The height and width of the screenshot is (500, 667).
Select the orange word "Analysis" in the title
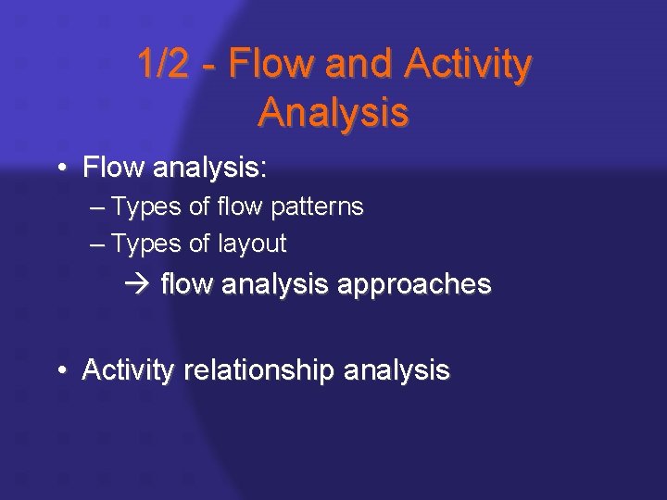333,112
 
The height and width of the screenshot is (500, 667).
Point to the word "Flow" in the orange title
267,65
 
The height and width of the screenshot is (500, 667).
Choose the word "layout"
254,244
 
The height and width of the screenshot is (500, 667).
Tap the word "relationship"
276,371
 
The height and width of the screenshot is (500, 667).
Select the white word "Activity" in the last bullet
127,371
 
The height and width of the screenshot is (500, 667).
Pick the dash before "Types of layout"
99,244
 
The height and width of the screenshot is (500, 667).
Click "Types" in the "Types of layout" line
145,244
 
